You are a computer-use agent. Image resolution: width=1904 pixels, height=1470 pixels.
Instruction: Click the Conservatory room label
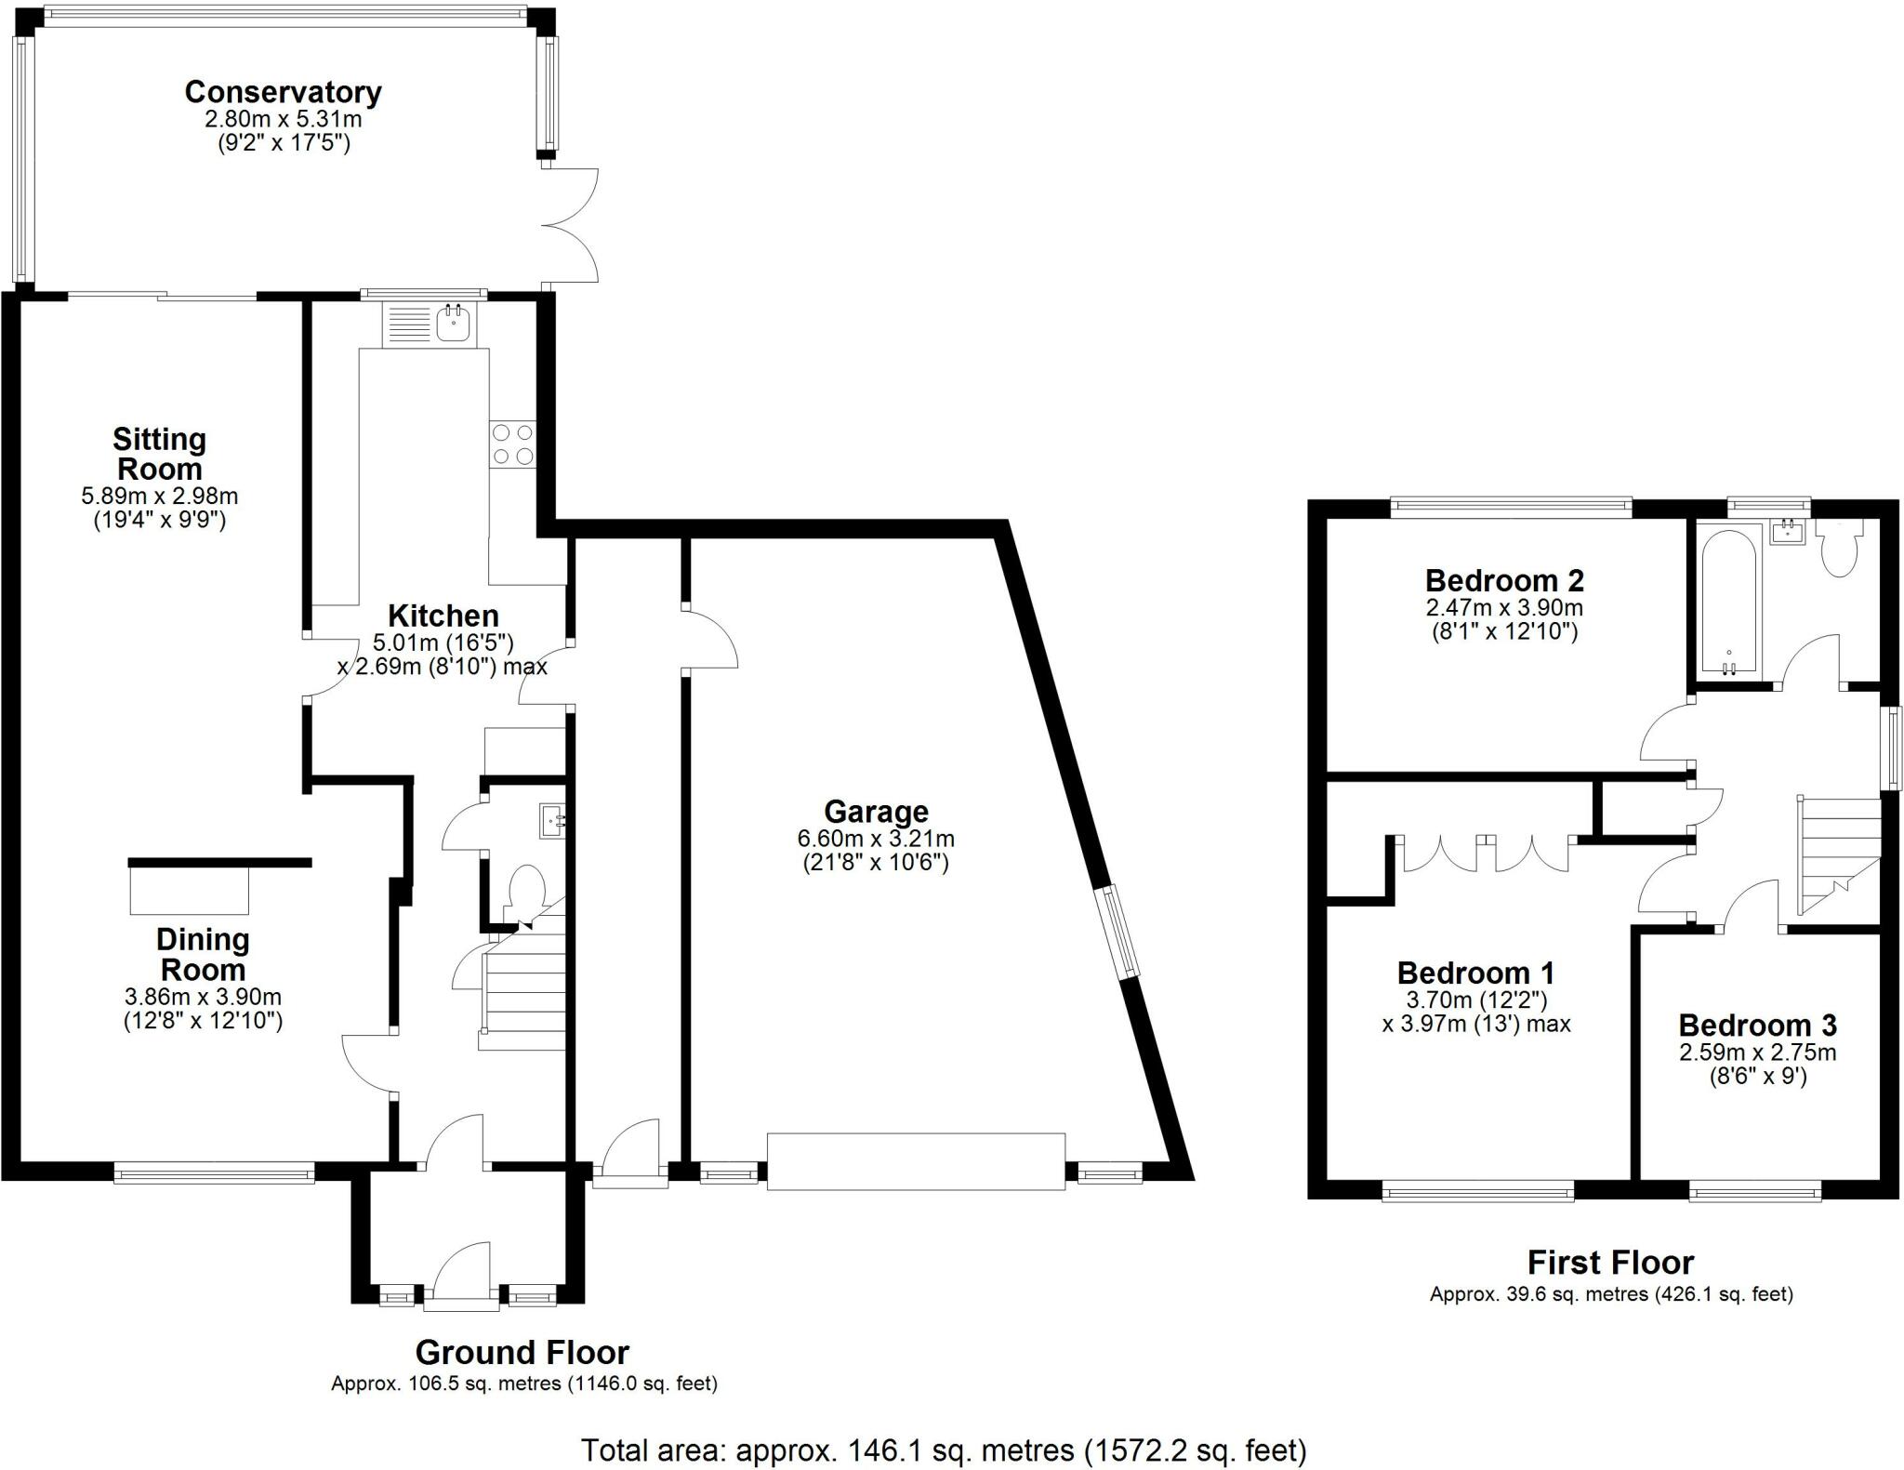283,92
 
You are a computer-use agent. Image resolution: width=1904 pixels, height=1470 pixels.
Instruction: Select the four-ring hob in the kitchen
513,444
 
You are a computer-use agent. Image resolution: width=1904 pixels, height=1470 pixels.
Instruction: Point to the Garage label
876,812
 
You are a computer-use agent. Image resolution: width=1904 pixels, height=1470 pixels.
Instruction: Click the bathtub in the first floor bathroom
1729,601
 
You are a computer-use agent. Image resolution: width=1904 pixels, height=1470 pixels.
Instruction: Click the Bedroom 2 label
1504,580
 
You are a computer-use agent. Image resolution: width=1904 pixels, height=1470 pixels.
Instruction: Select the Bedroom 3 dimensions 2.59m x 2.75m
1757,1053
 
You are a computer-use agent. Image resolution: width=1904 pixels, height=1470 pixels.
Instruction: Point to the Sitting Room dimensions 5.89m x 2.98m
159,497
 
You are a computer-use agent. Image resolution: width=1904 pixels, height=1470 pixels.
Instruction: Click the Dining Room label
203,954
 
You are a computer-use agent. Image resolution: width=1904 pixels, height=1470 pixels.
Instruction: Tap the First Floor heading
1611,1262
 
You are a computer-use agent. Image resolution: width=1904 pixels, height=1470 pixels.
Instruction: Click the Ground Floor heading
522,1351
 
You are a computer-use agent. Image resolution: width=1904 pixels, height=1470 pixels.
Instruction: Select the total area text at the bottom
944,1450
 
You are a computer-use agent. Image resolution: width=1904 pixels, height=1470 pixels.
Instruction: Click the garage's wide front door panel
916,1161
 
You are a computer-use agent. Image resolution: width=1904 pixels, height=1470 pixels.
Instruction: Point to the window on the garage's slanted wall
1117,932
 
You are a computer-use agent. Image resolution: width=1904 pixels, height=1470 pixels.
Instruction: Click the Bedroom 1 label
1476,973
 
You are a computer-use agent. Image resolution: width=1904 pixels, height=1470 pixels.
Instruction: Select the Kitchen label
443,616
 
